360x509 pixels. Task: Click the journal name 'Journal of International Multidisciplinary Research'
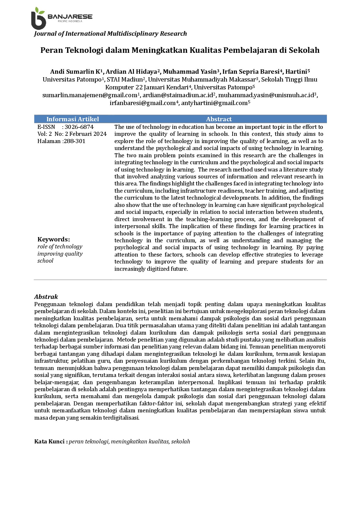[110, 34]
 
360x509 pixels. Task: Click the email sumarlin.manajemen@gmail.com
[90, 95]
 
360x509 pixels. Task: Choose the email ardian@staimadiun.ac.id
[178, 95]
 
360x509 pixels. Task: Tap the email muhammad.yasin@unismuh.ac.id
[266, 95]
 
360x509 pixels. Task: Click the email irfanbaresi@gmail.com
[143, 103]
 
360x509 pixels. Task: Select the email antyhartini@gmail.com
[214, 103]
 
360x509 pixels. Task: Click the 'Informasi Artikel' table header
[73, 119]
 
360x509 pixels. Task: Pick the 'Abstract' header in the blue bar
[219, 119]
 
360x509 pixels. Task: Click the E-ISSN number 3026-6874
[79, 127]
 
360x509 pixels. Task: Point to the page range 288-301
[74, 141]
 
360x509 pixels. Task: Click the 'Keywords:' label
[54, 239]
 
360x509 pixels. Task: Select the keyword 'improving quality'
[60, 254]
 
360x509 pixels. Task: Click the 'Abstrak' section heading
[46, 297]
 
